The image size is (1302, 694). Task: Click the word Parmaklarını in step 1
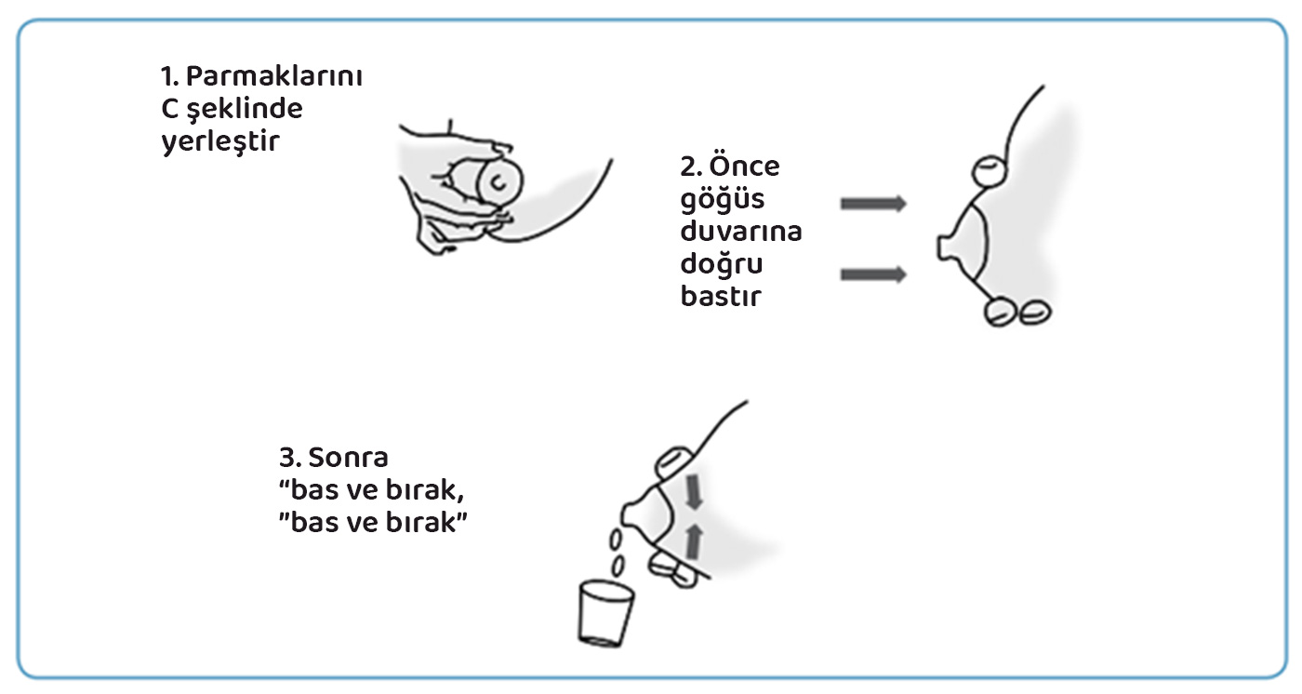(273, 77)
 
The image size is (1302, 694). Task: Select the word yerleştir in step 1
(220, 141)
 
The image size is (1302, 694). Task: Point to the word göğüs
(722, 200)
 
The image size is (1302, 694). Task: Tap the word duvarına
(741, 231)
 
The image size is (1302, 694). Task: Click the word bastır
(720, 296)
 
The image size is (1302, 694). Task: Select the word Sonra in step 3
(348, 458)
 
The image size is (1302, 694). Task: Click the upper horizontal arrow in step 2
(873, 204)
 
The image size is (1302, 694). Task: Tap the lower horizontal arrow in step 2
(873, 274)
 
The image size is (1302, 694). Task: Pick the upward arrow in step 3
(694, 541)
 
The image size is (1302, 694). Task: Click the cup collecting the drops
(605, 613)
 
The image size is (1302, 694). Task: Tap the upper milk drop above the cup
(615, 539)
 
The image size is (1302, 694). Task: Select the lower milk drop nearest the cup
(618, 565)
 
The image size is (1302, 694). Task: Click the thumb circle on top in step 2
(990, 171)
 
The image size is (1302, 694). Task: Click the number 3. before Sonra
(290, 458)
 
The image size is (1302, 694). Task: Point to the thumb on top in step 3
(674, 462)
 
